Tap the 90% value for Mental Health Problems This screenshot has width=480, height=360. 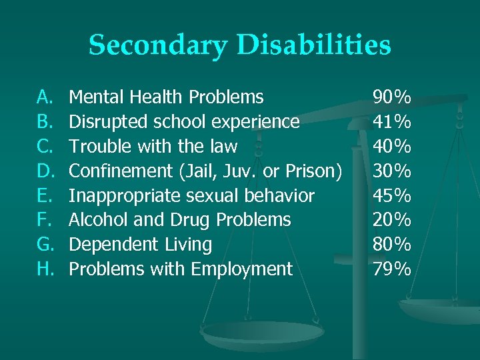(x=392, y=97)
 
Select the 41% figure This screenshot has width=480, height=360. (x=392, y=122)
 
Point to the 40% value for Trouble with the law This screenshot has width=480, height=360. (x=392, y=147)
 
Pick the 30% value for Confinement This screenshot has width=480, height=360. (x=392, y=171)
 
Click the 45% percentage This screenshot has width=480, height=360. (x=392, y=195)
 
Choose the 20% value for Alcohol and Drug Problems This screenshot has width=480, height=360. (x=392, y=219)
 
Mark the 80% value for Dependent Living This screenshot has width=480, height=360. (x=392, y=244)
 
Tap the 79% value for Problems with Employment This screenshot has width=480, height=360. (x=392, y=269)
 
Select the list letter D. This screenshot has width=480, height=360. (x=44, y=171)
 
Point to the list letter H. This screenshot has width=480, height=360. (x=44, y=269)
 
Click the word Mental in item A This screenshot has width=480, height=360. (x=93, y=97)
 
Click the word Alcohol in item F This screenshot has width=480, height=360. (x=93, y=219)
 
